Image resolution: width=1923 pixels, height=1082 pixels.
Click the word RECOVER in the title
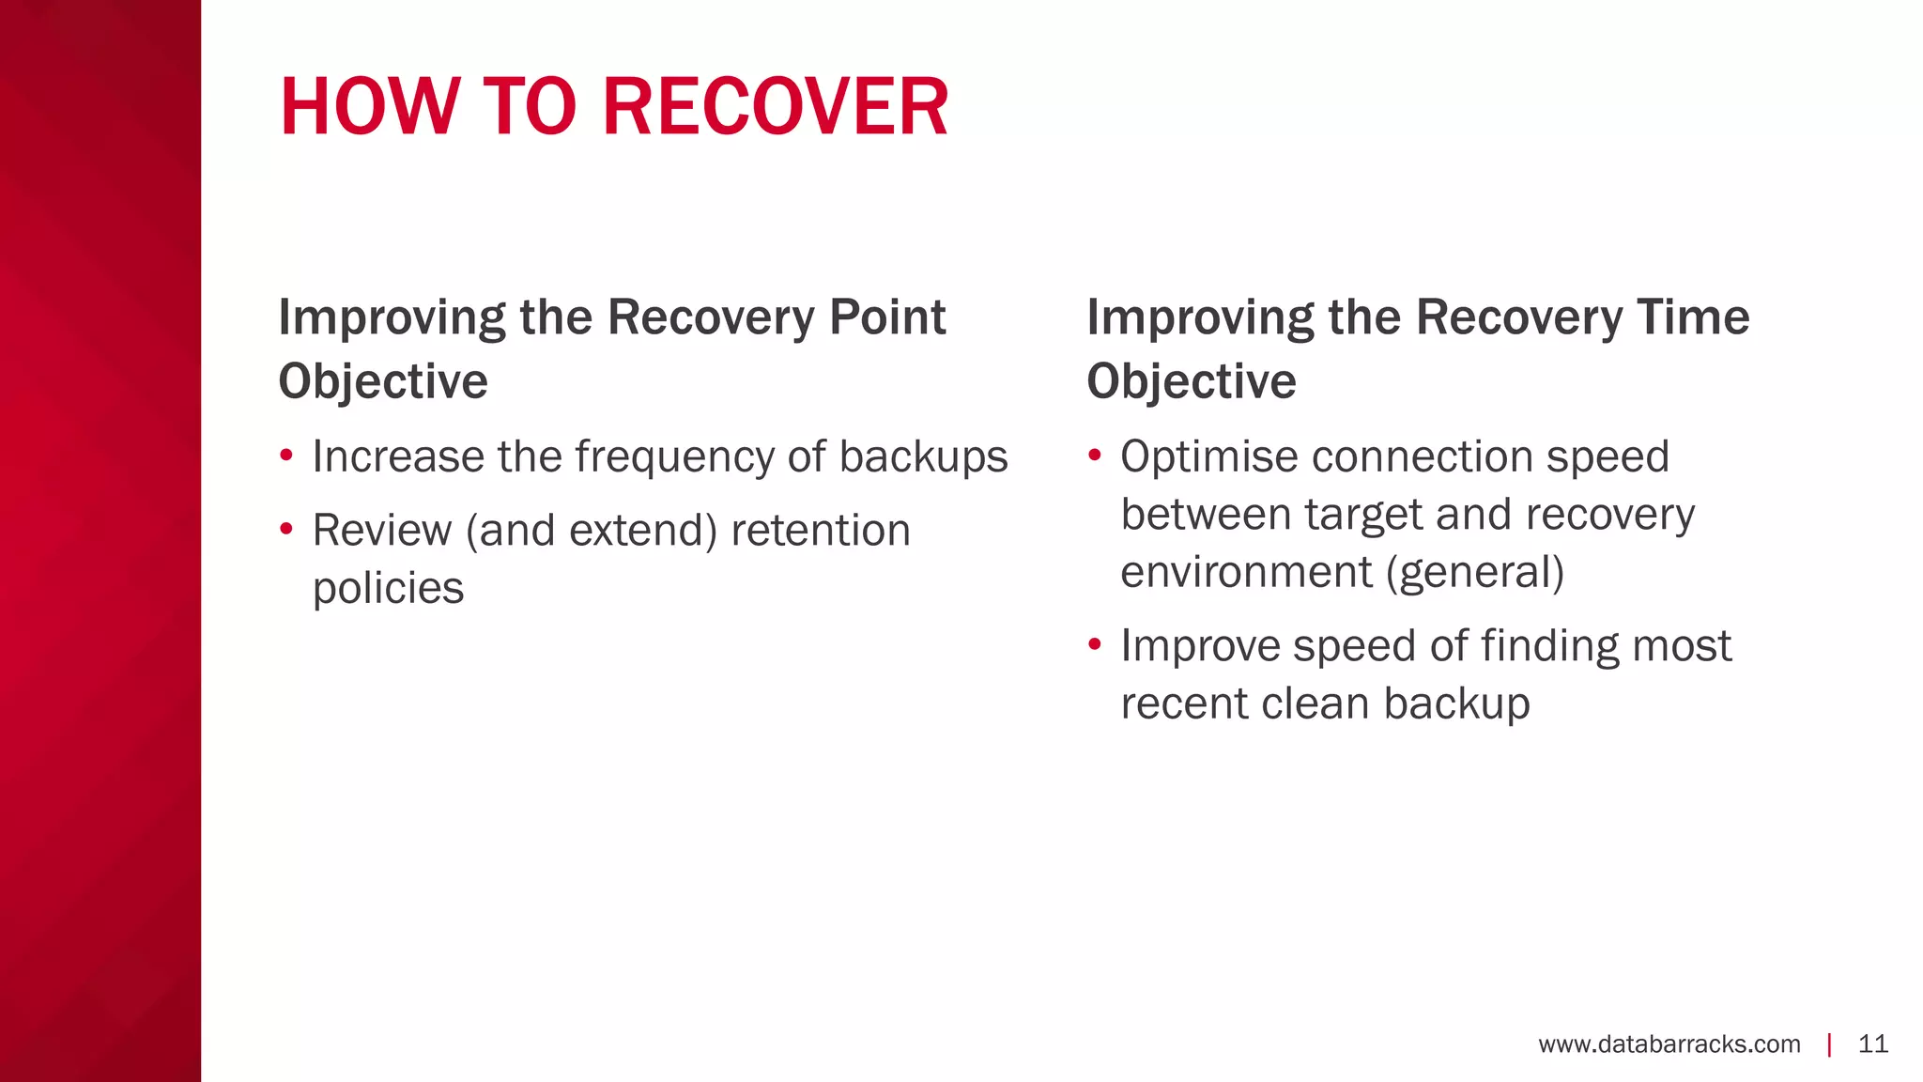tap(775, 107)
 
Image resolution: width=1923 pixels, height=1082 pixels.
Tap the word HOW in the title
tap(367, 107)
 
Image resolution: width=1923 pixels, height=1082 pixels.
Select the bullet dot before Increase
tap(286, 457)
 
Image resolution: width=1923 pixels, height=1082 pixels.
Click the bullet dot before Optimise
tap(1094, 457)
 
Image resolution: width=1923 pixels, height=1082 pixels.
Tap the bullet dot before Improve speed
tap(1094, 646)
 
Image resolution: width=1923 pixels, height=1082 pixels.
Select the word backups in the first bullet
tap(923, 457)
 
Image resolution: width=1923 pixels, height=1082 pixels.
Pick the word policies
tap(388, 589)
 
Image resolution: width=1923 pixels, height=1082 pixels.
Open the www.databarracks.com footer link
tap(1669, 1044)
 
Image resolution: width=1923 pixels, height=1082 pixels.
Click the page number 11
tap(1872, 1044)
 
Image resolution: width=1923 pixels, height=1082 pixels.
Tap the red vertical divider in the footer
tap(1829, 1044)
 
